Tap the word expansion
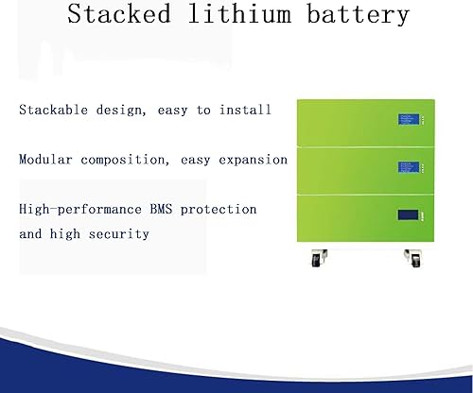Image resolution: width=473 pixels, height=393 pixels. [x=251, y=160]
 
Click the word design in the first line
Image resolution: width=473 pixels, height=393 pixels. [x=118, y=111]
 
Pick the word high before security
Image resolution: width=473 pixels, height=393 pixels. [x=69, y=233]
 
